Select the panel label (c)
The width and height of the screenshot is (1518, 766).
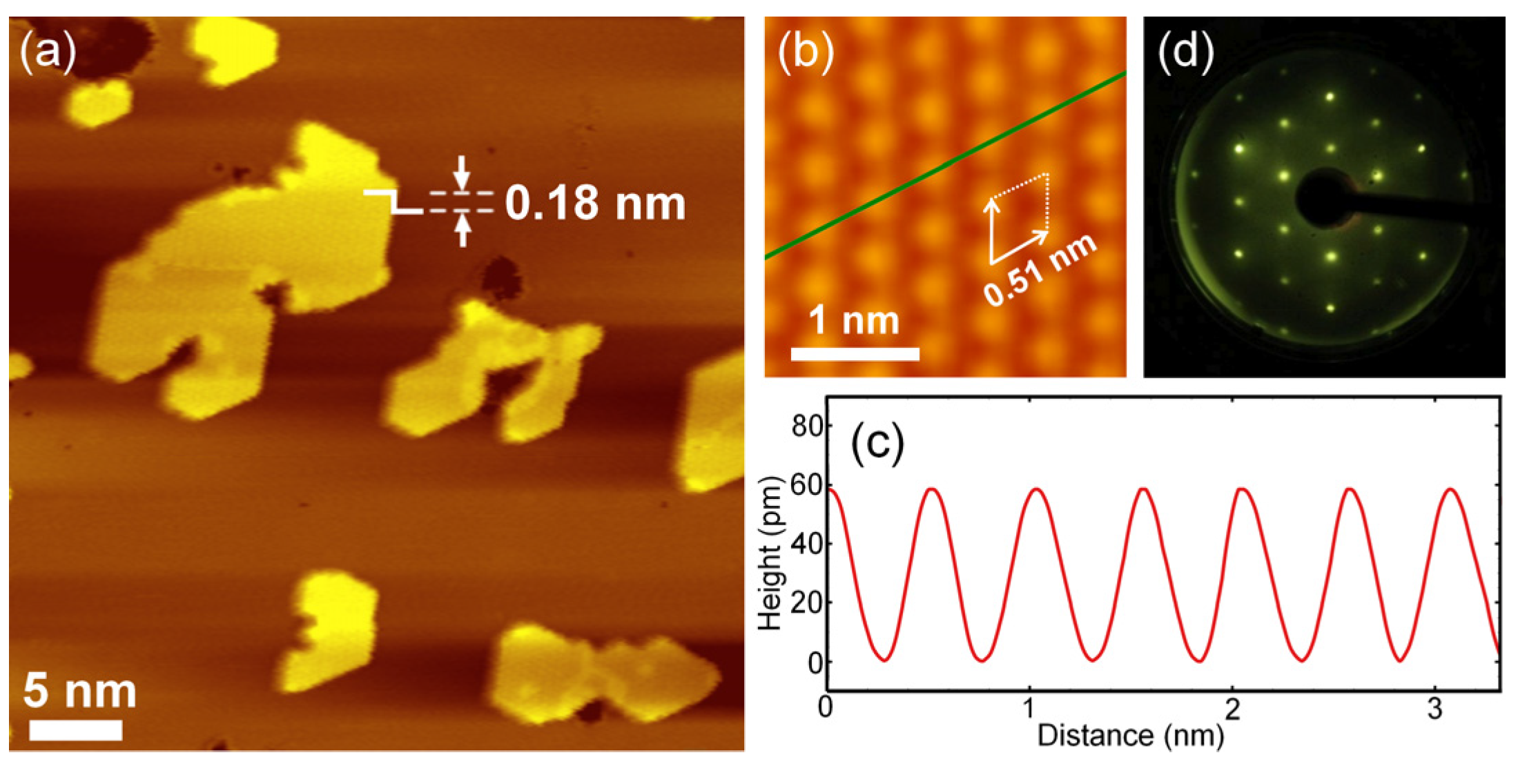[x=877, y=444]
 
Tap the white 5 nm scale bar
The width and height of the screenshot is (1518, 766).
[x=76, y=730]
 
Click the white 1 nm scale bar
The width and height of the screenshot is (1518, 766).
[x=855, y=354]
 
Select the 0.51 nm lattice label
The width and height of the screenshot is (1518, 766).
[x=1041, y=270]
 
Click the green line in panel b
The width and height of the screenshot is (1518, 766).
[x=946, y=165]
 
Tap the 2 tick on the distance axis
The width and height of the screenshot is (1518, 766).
[x=1232, y=709]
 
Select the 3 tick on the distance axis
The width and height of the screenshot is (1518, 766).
[x=1435, y=709]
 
